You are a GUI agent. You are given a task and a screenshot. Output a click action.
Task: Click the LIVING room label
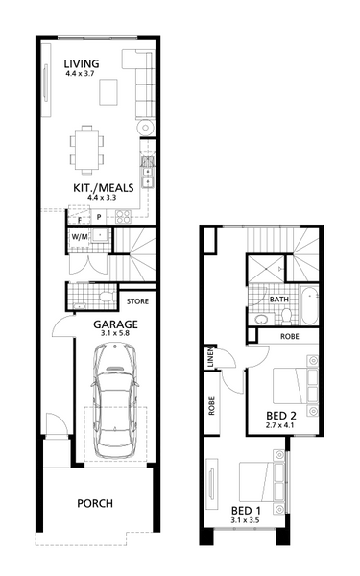[x=82, y=63]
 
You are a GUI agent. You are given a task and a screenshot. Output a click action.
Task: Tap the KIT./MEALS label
[x=104, y=188]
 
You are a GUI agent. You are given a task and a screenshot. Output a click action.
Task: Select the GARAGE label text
[x=115, y=324]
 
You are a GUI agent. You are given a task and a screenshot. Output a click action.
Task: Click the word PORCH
[x=95, y=503]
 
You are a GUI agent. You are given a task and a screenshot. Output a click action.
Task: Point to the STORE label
[x=137, y=301]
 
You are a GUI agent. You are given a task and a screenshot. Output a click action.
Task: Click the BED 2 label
[x=281, y=416]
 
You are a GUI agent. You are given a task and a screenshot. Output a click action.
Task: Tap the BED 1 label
[x=246, y=511]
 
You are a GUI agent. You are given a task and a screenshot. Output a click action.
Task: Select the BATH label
[x=279, y=300]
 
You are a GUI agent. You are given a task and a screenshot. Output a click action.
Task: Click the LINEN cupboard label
[x=210, y=357]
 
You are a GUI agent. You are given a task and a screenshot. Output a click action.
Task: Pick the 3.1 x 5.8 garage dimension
[x=115, y=333]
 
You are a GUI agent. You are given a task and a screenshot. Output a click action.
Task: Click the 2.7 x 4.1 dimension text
[x=281, y=425]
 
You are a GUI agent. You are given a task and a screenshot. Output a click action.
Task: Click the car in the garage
[x=115, y=400]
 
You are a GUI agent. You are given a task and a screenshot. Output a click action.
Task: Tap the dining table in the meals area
[x=87, y=150]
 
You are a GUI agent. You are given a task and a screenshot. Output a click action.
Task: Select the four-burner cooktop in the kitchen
[x=123, y=216]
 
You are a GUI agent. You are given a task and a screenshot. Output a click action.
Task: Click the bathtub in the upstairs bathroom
[x=310, y=305]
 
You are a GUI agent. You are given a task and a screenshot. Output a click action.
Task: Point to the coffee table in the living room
[x=108, y=92]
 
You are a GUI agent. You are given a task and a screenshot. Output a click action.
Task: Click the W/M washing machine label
[x=80, y=237]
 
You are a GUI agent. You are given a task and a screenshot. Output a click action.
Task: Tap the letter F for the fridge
[x=80, y=220]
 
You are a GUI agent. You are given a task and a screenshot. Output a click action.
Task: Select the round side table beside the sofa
[x=146, y=128]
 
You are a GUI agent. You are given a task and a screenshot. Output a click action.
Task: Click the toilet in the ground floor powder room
[x=107, y=297]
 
